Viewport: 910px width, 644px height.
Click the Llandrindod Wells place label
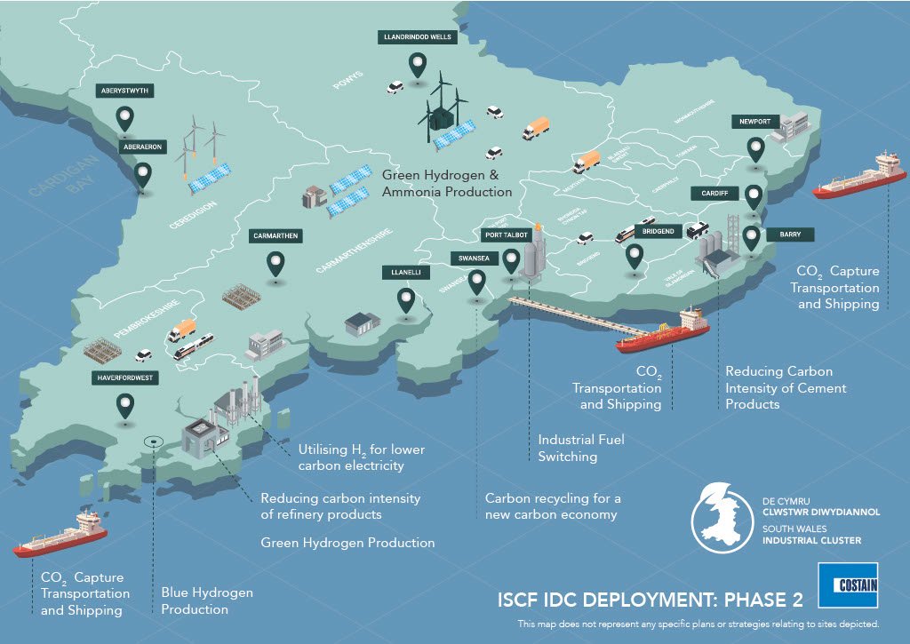417,37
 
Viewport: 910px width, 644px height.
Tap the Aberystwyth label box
125,91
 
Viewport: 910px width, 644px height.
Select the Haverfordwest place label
125,378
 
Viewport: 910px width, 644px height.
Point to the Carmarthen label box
276,236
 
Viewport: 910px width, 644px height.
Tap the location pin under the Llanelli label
406,299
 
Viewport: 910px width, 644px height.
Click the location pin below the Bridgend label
634,256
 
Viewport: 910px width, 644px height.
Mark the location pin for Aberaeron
142,175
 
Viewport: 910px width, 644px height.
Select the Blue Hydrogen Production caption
207,600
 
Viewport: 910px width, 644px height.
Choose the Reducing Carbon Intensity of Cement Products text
786,387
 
